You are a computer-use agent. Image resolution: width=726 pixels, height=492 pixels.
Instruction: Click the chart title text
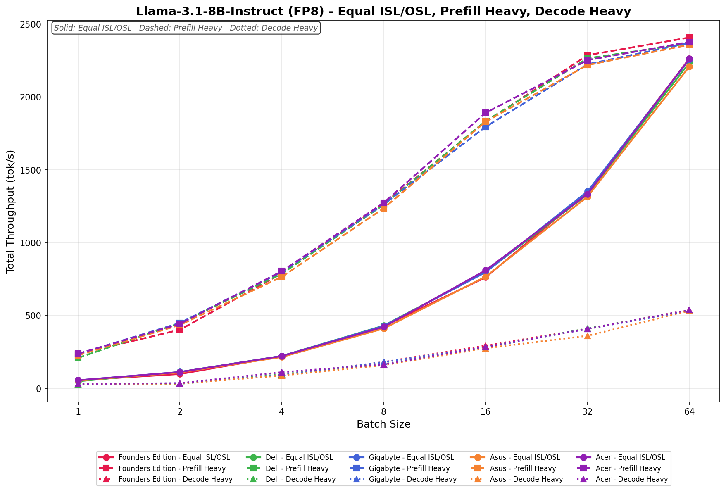pyautogui.click(x=383, y=11)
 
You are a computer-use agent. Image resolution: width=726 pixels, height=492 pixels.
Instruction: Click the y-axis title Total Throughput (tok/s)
pyautogui.click(x=11, y=211)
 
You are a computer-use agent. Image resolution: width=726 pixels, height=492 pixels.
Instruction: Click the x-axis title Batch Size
pyautogui.click(x=383, y=424)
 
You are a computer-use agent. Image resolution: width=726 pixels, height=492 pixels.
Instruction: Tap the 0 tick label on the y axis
pyautogui.click(x=39, y=389)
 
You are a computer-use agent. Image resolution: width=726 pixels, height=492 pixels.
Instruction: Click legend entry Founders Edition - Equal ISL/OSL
pyautogui.click(x=174, y=457)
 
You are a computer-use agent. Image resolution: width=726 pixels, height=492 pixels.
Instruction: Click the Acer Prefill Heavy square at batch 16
pyautogui.click(x=485, y=113)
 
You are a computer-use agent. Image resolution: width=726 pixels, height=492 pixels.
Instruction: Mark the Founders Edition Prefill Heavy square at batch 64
pyautogui.click(x=689, y=38)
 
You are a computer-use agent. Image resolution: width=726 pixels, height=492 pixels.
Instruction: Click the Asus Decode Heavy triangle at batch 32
pyautogui.click(x=587, y=336)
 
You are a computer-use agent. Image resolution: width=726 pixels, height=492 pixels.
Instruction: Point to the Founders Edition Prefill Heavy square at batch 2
pyautogui.click(x=180, y=329)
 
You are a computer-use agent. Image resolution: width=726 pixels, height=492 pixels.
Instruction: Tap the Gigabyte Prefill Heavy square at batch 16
pyautogui.click(x=485, y=127)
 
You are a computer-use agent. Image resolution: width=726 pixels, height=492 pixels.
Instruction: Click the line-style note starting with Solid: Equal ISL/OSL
pyautogui.click(x=186, y=28)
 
